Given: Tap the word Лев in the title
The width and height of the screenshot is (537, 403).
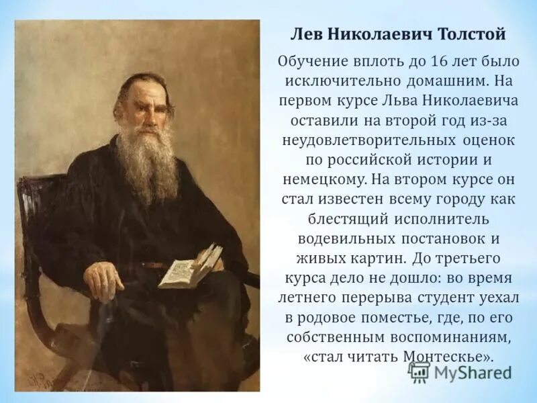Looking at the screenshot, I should click(305, 34).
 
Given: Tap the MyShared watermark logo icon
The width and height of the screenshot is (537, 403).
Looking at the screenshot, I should click(420, 371).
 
